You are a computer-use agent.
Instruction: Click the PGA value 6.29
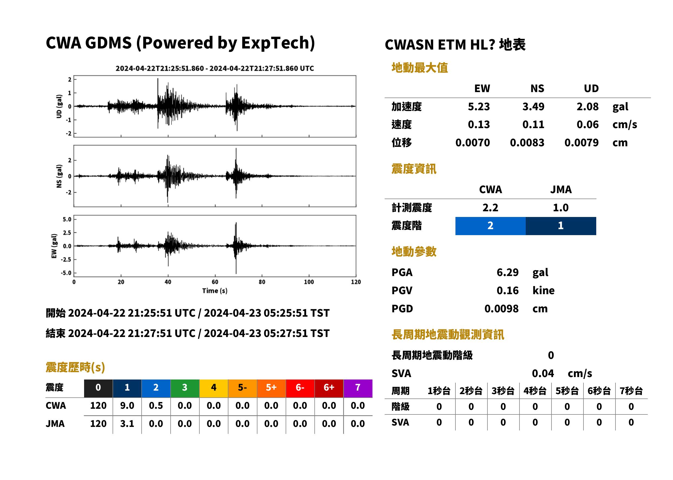[507, 272]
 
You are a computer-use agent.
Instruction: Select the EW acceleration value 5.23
[479, 106]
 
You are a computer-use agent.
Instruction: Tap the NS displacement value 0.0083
[527, 142]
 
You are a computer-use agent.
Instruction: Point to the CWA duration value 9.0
[127, 406]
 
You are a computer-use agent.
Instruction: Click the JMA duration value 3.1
[127, 424]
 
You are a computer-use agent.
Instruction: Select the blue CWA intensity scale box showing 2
[490, 226]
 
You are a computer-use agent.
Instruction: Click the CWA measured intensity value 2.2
[490, 207]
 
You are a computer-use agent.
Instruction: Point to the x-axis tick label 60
[215, 282]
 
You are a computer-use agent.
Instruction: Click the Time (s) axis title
[215, 291]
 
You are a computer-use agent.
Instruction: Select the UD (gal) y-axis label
[59, 106]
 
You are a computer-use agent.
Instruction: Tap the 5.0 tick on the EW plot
[67, 219]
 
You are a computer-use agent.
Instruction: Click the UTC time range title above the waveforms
[215, 68]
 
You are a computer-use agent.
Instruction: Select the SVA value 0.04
[543, 373]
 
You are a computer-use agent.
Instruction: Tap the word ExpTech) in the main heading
[278, 43]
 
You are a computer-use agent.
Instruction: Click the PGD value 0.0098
[501, 309]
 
